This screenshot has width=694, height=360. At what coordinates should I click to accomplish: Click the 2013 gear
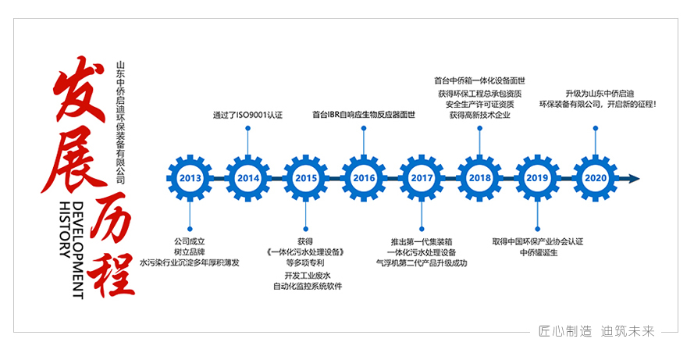(x=190, y=178)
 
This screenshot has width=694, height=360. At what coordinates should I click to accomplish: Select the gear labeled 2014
(x=248, y=178)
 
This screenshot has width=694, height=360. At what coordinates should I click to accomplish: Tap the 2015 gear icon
(x=306, y=178)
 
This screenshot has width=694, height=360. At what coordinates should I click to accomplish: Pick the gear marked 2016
(x=364, y=178)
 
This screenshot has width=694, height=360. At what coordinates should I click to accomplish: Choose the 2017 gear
(x=422, y=178)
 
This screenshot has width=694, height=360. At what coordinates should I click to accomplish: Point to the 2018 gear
(x=479, y=178)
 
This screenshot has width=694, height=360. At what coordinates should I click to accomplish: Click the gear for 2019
(x=537, y=178)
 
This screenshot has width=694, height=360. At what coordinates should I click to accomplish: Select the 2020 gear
(x=595, y=178)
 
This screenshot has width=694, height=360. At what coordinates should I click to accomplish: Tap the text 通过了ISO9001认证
(x=247, y=115)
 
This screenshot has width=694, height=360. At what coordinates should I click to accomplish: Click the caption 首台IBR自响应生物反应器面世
(x=363, y=115)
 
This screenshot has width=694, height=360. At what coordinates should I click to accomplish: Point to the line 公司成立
(x=190, y=241)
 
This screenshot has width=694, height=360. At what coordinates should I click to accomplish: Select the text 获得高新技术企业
(x=479, y=115)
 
